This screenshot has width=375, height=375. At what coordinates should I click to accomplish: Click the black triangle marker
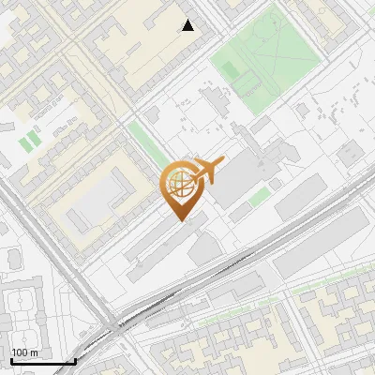tap(188, 25)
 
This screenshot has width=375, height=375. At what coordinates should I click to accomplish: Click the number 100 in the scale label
tap(20, 352)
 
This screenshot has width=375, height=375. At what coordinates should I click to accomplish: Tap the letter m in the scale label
tap(34, 352)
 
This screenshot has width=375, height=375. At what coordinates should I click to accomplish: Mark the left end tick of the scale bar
tap(11, 361)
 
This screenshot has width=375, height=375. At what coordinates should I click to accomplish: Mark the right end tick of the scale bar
tap(75, 361)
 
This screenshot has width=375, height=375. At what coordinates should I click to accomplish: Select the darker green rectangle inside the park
tap(247, 82)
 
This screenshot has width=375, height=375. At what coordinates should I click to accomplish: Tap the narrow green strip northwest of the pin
tap(144, 142)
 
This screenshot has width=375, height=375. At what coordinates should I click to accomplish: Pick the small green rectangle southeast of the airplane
tap(260, 196)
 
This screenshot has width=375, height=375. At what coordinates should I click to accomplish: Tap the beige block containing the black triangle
tap(150, 47)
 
